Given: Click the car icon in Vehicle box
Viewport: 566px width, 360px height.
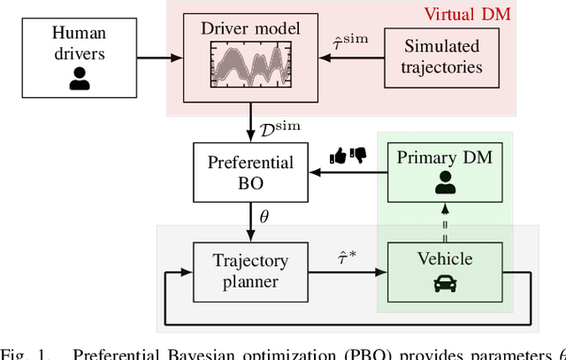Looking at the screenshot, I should point(445,284).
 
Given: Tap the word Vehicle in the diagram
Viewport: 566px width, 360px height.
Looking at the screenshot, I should point(445,259).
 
